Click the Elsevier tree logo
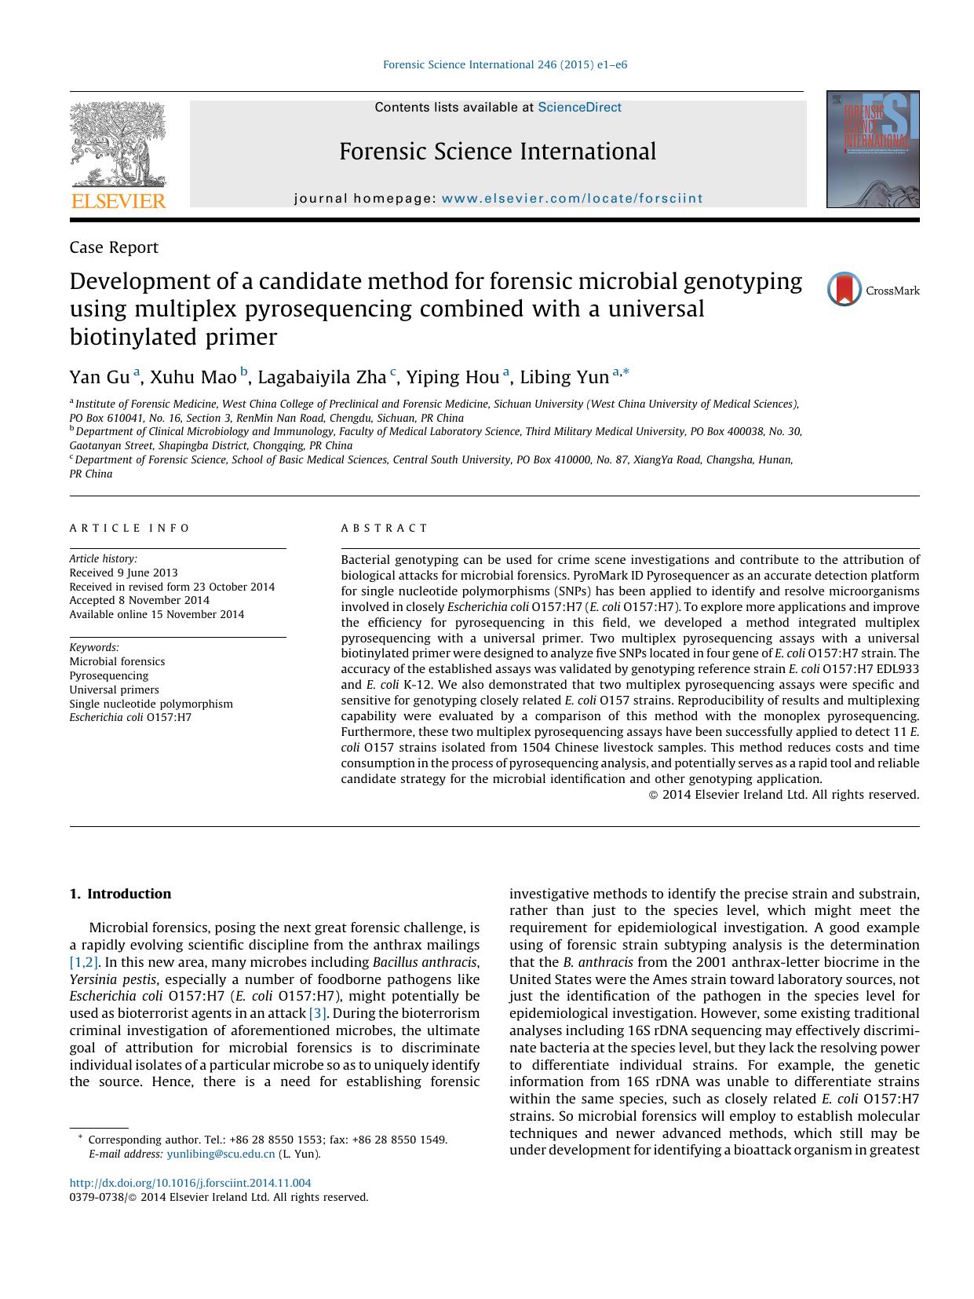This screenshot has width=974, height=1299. click(118, 145)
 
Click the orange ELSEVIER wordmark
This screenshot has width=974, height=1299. click(119, 202)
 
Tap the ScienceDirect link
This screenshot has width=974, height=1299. click(579, 108)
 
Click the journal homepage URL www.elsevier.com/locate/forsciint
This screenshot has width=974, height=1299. click(572, 199)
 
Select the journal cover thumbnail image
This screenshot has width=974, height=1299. click(872, 149)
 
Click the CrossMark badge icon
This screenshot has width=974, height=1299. click(844, 290)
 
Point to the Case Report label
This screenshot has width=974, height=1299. click(114, 247)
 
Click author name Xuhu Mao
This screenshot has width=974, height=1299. click(193, 378)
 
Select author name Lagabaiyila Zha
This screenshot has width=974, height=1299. click(322, 378)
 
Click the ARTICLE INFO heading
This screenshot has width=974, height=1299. click(130, 529)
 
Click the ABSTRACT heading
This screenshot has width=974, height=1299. click(385, 529)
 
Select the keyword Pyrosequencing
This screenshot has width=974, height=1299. click(108, 676)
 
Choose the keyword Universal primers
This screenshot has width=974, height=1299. click(114, 690)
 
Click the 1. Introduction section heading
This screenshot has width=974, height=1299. click(120, 894)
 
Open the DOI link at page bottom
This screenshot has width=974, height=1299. click(190, 1183)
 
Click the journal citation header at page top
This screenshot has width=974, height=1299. click(505, 64)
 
